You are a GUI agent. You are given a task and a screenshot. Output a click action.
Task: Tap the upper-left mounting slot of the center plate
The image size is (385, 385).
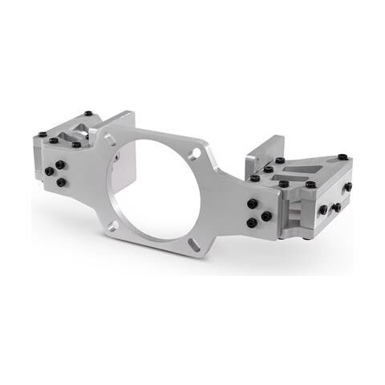pos(110,140)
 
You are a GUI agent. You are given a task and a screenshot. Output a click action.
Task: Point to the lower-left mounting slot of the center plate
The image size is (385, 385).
pos(113,225)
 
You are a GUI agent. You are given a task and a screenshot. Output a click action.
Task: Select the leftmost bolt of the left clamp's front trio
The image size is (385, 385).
pos(50,172)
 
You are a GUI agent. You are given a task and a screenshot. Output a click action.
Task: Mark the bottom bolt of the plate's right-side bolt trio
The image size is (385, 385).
pos(252,222)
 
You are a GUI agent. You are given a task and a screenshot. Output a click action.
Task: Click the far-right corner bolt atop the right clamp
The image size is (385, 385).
pos(342,156)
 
